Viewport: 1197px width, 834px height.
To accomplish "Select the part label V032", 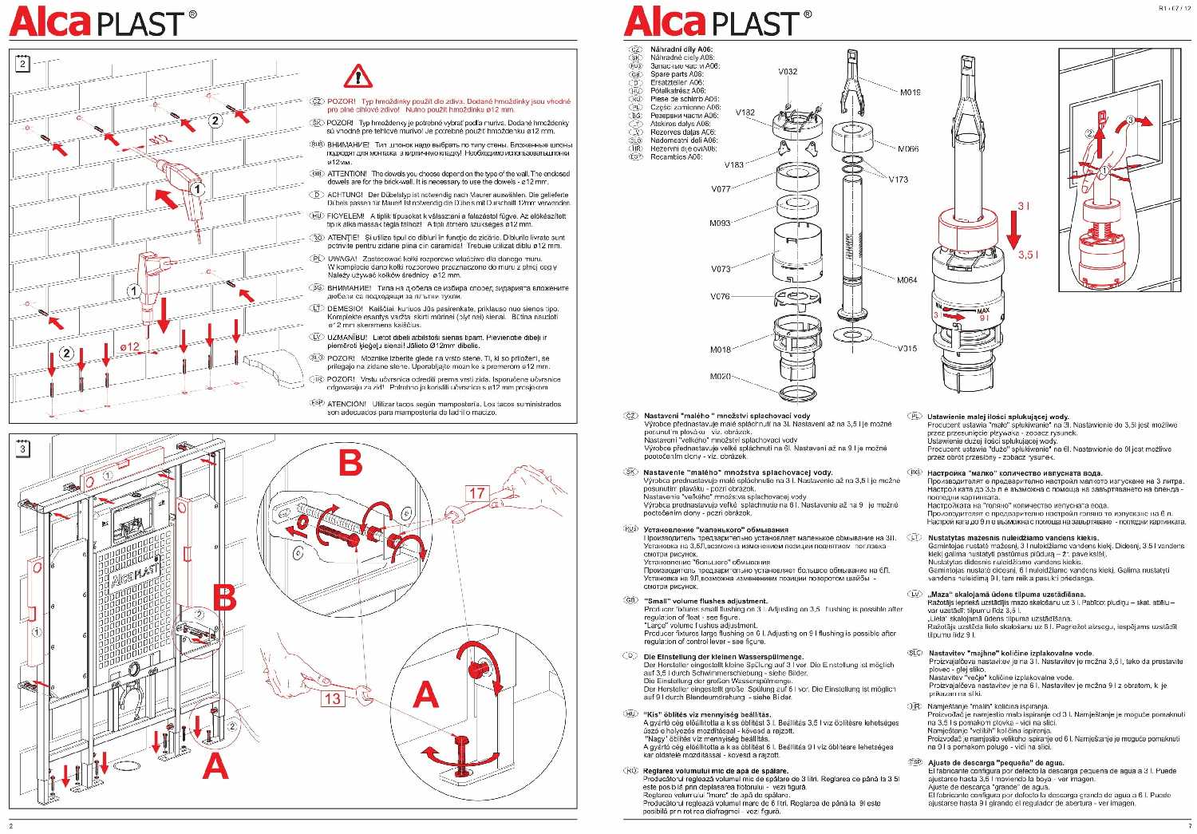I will (x=788, y=71).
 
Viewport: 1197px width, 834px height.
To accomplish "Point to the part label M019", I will (x=911, y=93).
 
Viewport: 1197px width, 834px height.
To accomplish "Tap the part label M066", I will (x=908, y=148).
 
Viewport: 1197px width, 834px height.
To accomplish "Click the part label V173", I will (x=899, y=179).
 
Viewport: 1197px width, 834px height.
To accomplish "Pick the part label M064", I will (x=907, y=280).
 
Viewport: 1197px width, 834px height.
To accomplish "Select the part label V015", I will (x=907, y=348).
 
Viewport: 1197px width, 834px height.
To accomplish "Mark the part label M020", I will (x=720, y=376).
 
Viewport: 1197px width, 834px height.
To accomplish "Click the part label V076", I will (x=720, y=296).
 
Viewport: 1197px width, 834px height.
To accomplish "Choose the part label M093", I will (x=720, y=223).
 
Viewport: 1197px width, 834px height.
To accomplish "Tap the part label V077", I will (x=720, y=189).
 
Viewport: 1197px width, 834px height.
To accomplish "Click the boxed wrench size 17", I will (x=476, y=493).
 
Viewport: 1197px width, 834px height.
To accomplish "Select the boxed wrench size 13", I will (x=333, y=698).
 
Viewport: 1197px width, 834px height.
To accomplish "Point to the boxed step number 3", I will (x=22, y=449).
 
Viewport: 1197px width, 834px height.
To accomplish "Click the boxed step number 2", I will (x=22, y=64).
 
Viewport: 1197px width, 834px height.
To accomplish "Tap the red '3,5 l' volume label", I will (x=1029, y=254).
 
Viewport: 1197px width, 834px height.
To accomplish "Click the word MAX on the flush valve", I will (x=983, y=310).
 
